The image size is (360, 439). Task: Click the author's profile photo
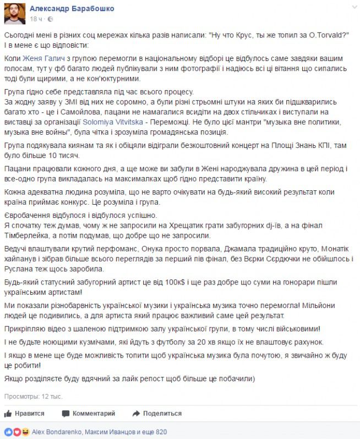(x=15, y=13)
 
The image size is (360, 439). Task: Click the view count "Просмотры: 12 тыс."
(x=33, y=396)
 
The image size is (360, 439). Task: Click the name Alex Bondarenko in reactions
(x=57, y=432)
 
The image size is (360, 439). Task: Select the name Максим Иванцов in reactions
(x=109, y=432)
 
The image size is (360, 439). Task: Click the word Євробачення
(x=29, y=215)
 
